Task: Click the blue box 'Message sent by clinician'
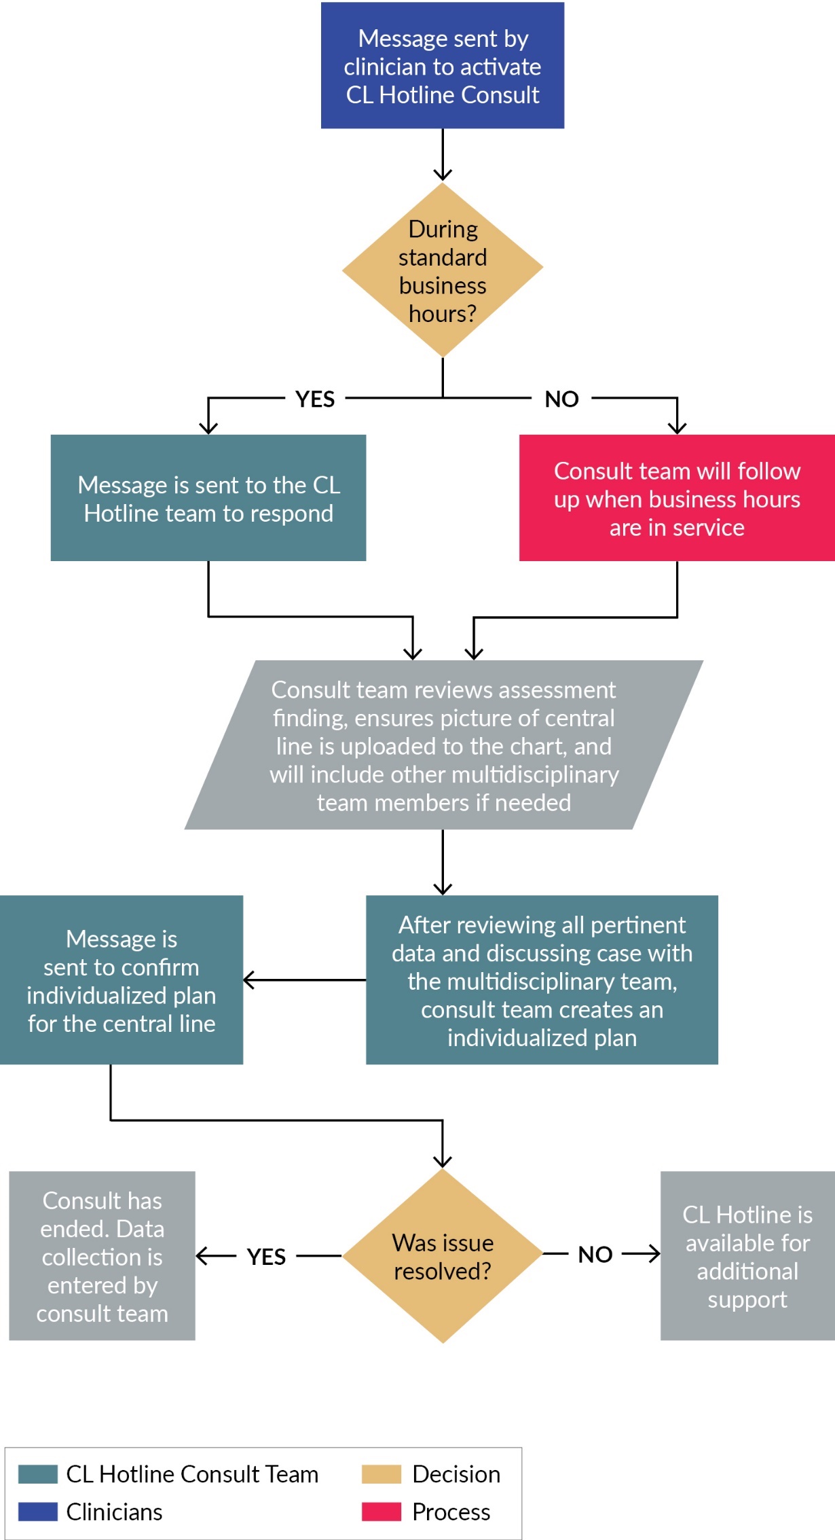pyautogui.click(x=442, y=66)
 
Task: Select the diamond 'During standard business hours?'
pyautogui.click(x=442, y=270)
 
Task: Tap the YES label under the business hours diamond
pyautogui.click(x=315, y=399)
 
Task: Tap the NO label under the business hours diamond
pyautogui.click(x=561, y=399)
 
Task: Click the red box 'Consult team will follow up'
pyautogui.click(x=676, y=498)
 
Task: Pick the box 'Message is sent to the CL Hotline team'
pyautogui.click(x=208, y=498)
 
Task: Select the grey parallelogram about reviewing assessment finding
pyautogui.click(x=443, y=745)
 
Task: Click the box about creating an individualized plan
pyautogui.click(x=542, y=980)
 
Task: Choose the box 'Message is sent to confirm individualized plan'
pyautogui.click(x=122, y=980)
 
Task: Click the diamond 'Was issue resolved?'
pyautogui.click(x=442, y=1256)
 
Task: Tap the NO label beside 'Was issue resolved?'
pyautogui.click(x=595, y=1255)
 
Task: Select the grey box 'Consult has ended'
pyautogui.click(x=102, y=1256)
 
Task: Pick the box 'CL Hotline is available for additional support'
pyautogui.click(x=747, y=1256)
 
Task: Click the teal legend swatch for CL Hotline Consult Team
pyautogui.click(x=38, y=1474)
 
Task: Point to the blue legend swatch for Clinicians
pyautogui.click(x=38, y=1511)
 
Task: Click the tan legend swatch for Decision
pyautogui.click(x=382, y=1474)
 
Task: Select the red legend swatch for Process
pyautogui.click(x=382, y=1511)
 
